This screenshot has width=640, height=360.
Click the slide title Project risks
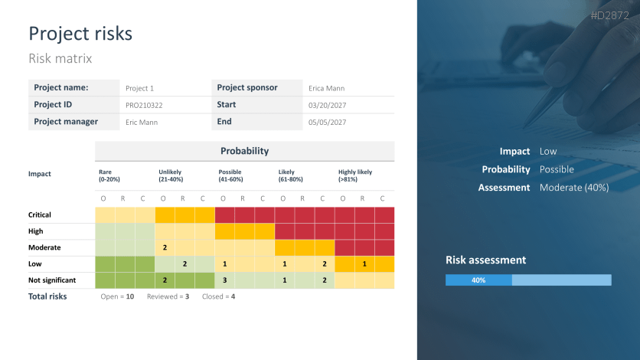click(80, 34)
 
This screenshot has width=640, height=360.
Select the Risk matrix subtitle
click(60, 58)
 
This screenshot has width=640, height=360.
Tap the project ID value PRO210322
click(144, 105)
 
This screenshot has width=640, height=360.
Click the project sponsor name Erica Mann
click(326, 88)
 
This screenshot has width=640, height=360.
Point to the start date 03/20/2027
click(327, 105)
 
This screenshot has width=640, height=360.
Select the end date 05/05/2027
click(327, 122)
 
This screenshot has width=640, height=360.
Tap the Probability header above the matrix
click(244, 151)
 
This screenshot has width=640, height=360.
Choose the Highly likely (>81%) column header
click(355, 175)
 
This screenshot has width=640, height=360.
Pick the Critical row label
click(40, 215)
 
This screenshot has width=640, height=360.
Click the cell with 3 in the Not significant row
click(225, 280)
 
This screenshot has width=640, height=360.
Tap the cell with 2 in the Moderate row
click(165, 247)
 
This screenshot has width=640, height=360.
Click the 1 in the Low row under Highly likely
click(364, 264)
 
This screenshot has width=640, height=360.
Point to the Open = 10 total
click(117, 296)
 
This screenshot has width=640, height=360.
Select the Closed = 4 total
click(218, 296)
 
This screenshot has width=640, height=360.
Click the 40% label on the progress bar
click(478, 280)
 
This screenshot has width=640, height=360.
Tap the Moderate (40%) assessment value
click(573, 188)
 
